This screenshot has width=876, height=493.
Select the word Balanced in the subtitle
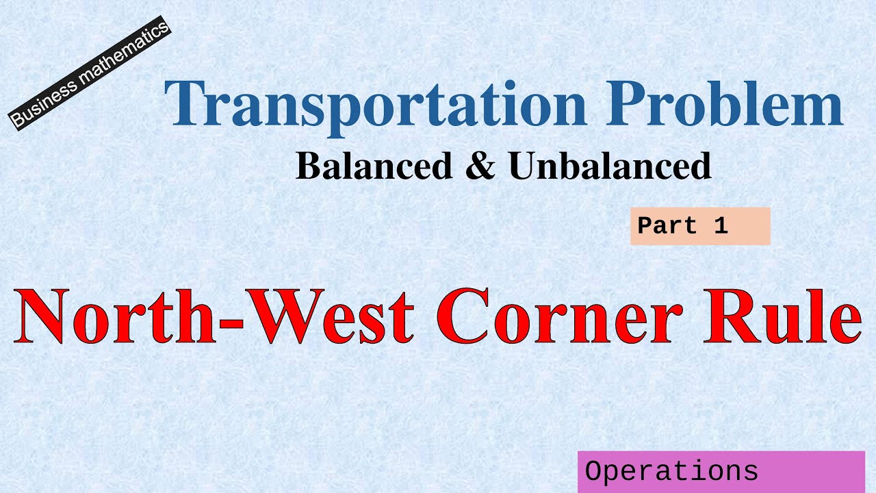[374, 166]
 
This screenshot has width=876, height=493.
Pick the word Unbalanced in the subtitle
[610, 166]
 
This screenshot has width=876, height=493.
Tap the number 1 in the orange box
[721, 226]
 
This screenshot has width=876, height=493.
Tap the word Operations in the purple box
[671, 472]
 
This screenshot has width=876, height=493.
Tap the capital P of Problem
[619, 104]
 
